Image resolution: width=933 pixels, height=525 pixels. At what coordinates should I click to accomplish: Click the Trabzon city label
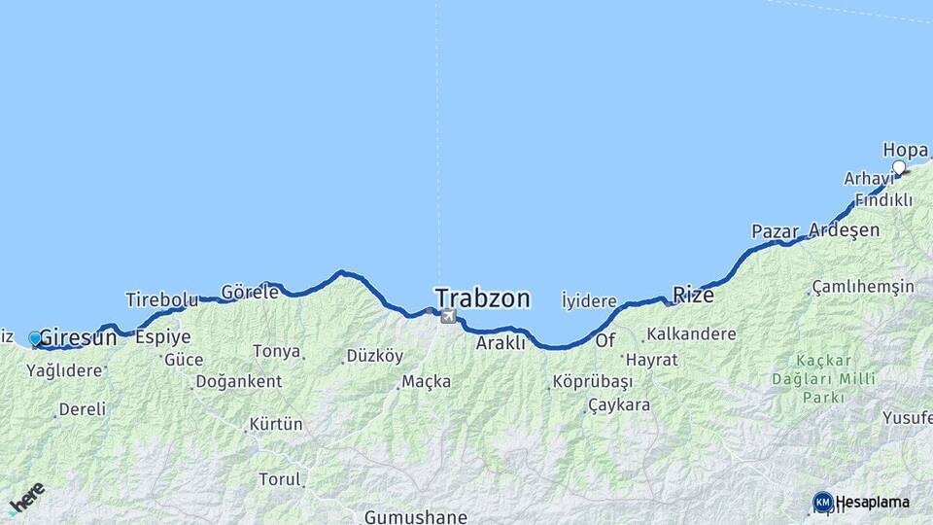483,297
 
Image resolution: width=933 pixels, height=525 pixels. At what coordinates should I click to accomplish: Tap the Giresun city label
78,338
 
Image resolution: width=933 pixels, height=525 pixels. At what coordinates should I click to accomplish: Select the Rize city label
693,295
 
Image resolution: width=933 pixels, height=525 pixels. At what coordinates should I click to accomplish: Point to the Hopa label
905,150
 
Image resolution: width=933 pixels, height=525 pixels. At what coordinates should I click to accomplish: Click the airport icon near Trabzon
448,316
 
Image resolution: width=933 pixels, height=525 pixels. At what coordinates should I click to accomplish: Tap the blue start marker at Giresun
36,338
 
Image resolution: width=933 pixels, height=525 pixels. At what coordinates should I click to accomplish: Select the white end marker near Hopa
899,167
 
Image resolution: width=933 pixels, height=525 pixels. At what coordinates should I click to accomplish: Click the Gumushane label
415,517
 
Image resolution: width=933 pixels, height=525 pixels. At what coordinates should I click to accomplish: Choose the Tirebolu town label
161,299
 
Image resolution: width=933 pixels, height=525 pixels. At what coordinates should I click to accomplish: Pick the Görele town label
250,292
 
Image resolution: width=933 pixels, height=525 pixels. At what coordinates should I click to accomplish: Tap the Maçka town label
427,381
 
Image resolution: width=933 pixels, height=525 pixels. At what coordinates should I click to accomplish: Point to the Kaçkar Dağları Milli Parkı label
822,378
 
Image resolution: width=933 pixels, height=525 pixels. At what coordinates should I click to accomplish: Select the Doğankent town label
238,381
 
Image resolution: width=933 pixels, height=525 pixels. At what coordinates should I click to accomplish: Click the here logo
26,498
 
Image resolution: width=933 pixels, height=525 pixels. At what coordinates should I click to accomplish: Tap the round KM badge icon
823,502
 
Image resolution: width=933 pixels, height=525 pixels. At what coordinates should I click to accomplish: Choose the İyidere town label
589,301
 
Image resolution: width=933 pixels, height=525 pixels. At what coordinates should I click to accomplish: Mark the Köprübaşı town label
593,381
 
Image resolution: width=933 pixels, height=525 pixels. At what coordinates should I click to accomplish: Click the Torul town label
280,478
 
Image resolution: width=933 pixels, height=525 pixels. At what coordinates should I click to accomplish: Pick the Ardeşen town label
844,230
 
